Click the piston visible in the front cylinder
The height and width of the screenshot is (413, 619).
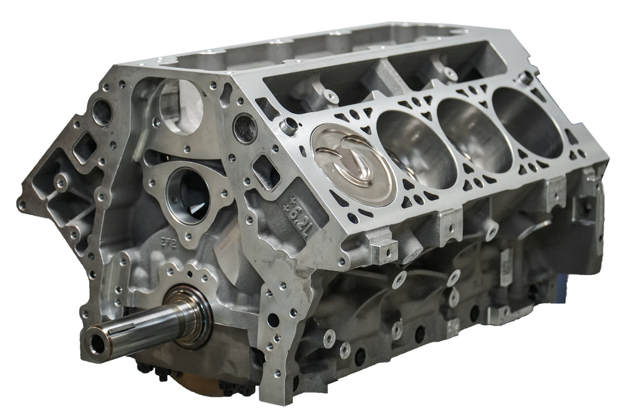(x=353, y=164)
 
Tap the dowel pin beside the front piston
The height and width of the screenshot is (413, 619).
(x=288, y=126)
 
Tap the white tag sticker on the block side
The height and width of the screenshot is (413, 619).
(x=505, y=272)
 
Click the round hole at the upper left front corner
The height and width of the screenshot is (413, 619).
(x=102, y=111)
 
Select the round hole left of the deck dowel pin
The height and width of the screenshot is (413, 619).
(x=246, y=128)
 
